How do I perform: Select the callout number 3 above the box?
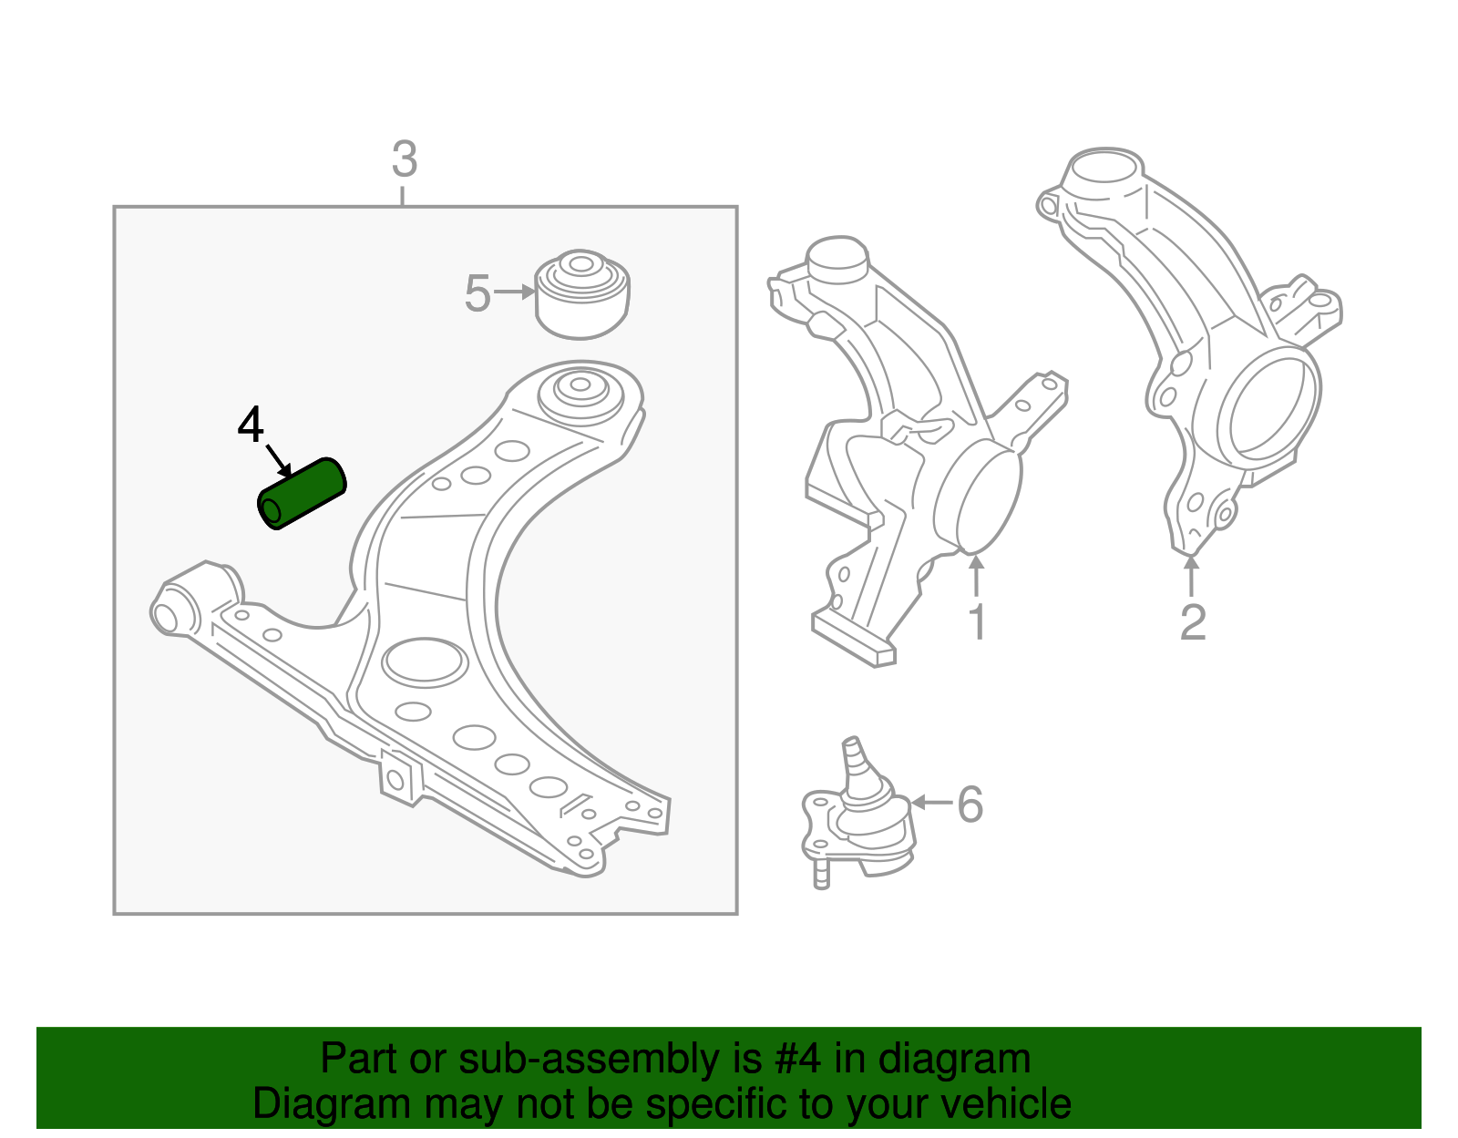[404, 159]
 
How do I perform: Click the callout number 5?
[477, 293]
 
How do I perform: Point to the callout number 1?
[977, 622]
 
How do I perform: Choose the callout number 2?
[1192, 622]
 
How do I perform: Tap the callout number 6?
[970, 804]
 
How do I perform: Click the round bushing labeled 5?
[581, 293]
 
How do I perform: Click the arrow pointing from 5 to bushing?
[515, 292]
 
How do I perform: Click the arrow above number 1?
[977, 576]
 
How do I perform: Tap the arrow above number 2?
[1191, 576]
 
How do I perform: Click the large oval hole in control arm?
[424, 661]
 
